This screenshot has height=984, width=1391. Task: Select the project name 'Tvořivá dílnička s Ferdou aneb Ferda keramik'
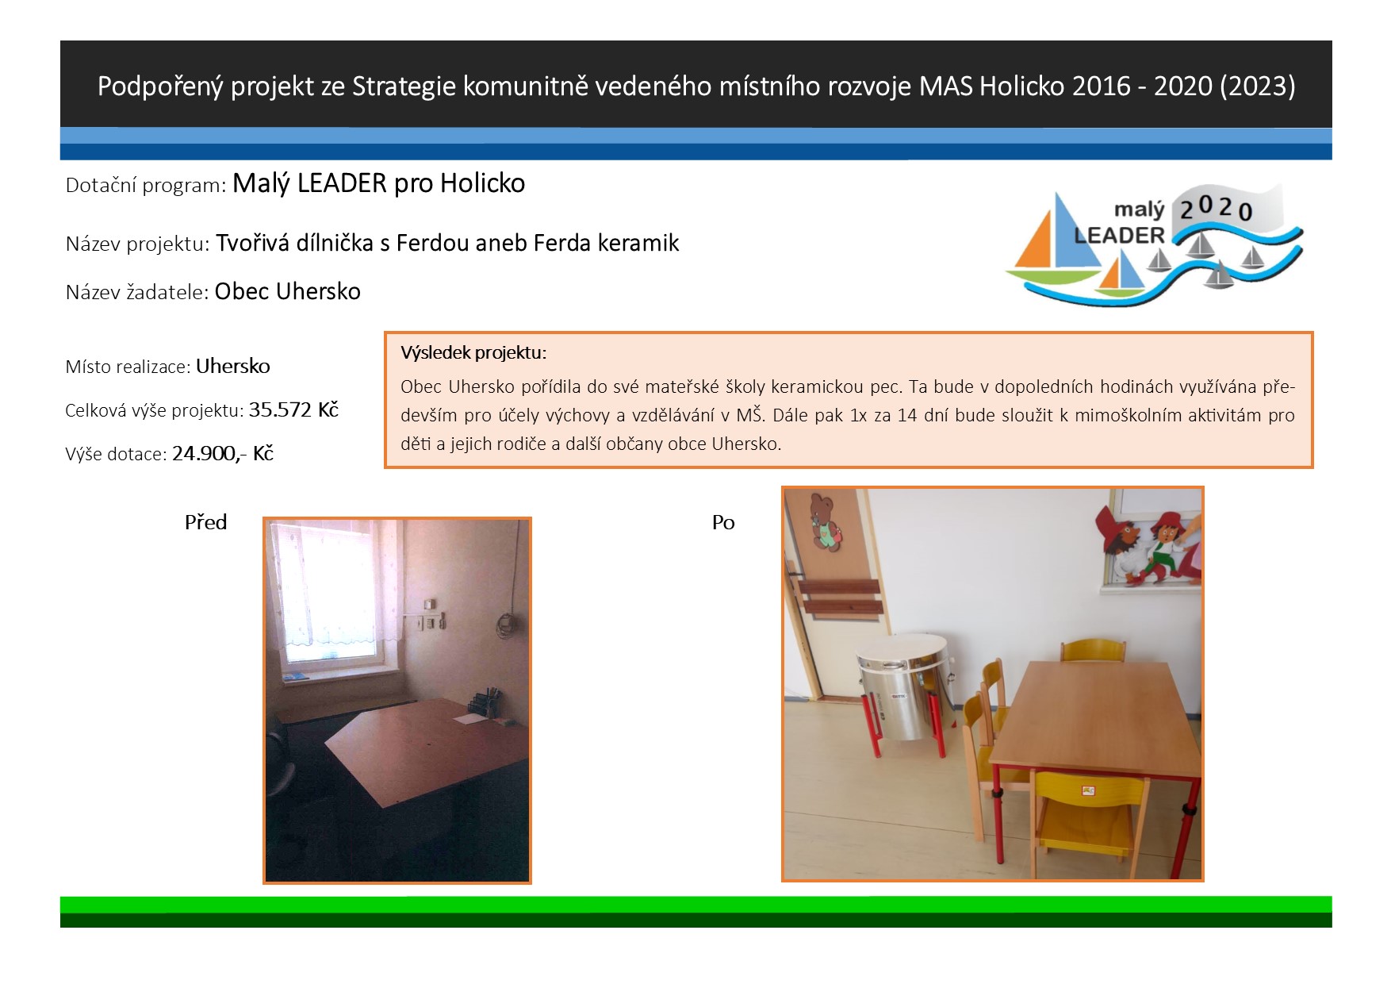[447, 243]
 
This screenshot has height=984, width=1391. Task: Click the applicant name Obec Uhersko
[288, 291]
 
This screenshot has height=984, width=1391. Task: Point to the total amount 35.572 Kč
[293, 409]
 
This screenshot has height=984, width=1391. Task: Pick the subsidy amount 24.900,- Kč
[223, 453]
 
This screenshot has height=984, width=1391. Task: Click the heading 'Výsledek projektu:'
[473, 353]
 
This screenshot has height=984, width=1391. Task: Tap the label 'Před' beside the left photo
[206, 522]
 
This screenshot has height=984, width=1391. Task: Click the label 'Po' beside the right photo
[723, 522]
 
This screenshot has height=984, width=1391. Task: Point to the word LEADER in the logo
[1119, 236]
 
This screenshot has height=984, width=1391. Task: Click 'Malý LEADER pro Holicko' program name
[379, 183]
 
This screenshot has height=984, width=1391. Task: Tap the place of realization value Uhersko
[233, 366]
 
